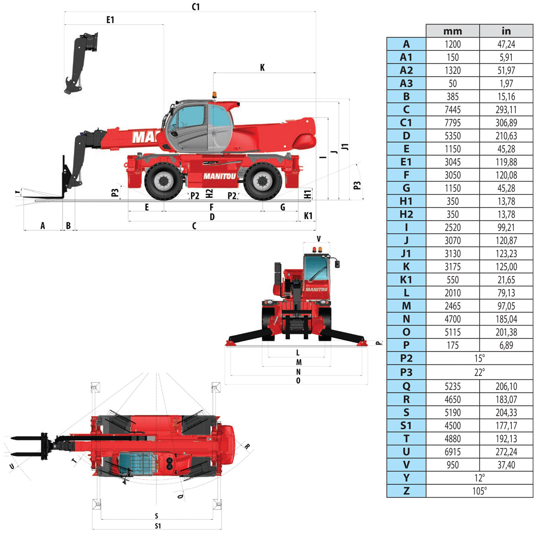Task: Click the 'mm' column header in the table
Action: [x=452, y=31]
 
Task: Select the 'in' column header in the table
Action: [x=506, y=31]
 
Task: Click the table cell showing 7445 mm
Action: [x=452, y=110]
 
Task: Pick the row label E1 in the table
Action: [x=406, y=162]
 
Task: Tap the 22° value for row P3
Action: [x=479, y=372]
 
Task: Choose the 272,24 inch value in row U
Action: [x=506, y=452]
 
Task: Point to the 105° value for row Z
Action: [x=479, y=491]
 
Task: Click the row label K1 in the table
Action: [x=406, y=280]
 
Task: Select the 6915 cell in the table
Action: [x=452, y=452]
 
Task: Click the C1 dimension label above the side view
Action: [x=196, y=6]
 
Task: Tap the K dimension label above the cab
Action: [x=262, y=68]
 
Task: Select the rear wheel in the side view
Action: [x=262, y=181]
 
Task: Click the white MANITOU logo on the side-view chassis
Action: [x=219, y=176]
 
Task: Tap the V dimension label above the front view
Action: [x=319, y=239]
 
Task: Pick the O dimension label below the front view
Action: [x=298, y=381]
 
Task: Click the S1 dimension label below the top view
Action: [x=157, y=526]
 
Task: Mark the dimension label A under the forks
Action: [x=43, y=226]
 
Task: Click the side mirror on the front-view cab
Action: [x=336, y=263]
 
